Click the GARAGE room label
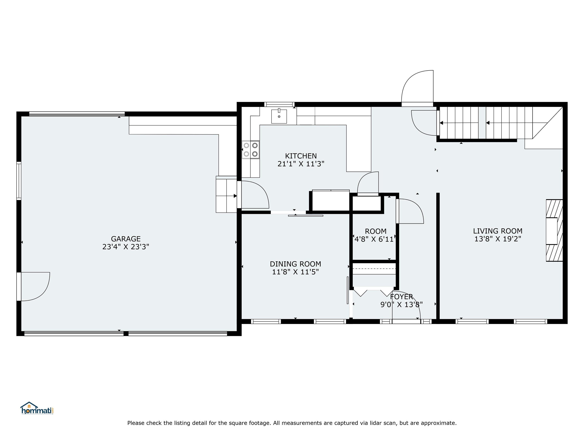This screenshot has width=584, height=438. point(126,239)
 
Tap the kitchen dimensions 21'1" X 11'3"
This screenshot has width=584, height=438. point(301,164)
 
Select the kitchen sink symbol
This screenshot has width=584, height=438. point(279,116)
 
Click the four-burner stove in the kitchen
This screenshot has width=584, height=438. point(251,149)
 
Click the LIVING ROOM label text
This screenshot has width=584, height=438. point(497,231)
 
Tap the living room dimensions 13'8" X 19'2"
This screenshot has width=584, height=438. point(497,239)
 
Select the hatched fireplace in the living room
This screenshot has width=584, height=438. point(554,230)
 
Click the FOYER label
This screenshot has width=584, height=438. point(401,297)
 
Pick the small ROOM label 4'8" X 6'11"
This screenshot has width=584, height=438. point(375,231)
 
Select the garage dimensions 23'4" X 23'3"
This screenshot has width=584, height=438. point(126,247)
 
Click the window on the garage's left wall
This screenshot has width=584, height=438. point(19,181)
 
